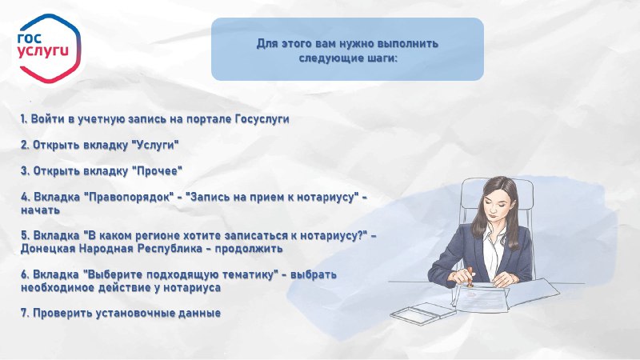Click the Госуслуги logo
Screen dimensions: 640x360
tap(49, 48)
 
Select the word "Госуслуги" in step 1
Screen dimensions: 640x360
tap(262, 119)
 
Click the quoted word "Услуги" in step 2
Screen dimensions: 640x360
tap(156, 146)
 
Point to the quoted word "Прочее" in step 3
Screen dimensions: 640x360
tap(157, 171)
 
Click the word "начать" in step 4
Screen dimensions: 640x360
tap(41, 210)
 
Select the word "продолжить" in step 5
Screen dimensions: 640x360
tap(249, 249)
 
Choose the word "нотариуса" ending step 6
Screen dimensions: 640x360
tap(192, 288)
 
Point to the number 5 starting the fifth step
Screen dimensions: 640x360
tap(25, 236)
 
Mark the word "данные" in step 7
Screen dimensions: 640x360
tap(200, 314)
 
